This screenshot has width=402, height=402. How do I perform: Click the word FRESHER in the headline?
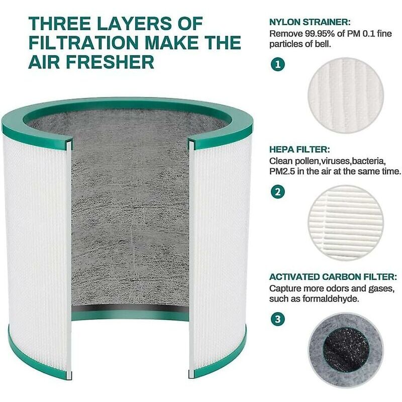pyautogui.click(x=110, y=62)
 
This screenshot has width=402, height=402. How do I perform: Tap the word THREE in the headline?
pyautogui.click(x=60, y=23)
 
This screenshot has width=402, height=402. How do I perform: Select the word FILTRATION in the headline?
pyautogui.click(x=83, y=43)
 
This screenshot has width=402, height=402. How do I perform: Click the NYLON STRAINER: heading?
pyautogui.click(x=310, y=22)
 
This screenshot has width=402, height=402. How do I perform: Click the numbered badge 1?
pyautogui.click(x=278, y=64)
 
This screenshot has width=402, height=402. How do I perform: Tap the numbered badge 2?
pyautogui.click(x=278, y=191)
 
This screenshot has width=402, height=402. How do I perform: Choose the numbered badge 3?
pyautogui.click(x=278, y=319)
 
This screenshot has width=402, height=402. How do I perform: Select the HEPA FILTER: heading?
pyautogui.click(x=299, y=149)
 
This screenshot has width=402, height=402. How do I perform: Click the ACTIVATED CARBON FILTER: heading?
pyautogui.click(x=333, y=277)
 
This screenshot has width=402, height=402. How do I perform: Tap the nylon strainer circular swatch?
pyautogui.click(x=346, y=95)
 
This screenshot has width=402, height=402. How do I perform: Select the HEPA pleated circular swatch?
pyautogui.click(x=346, y=223)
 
